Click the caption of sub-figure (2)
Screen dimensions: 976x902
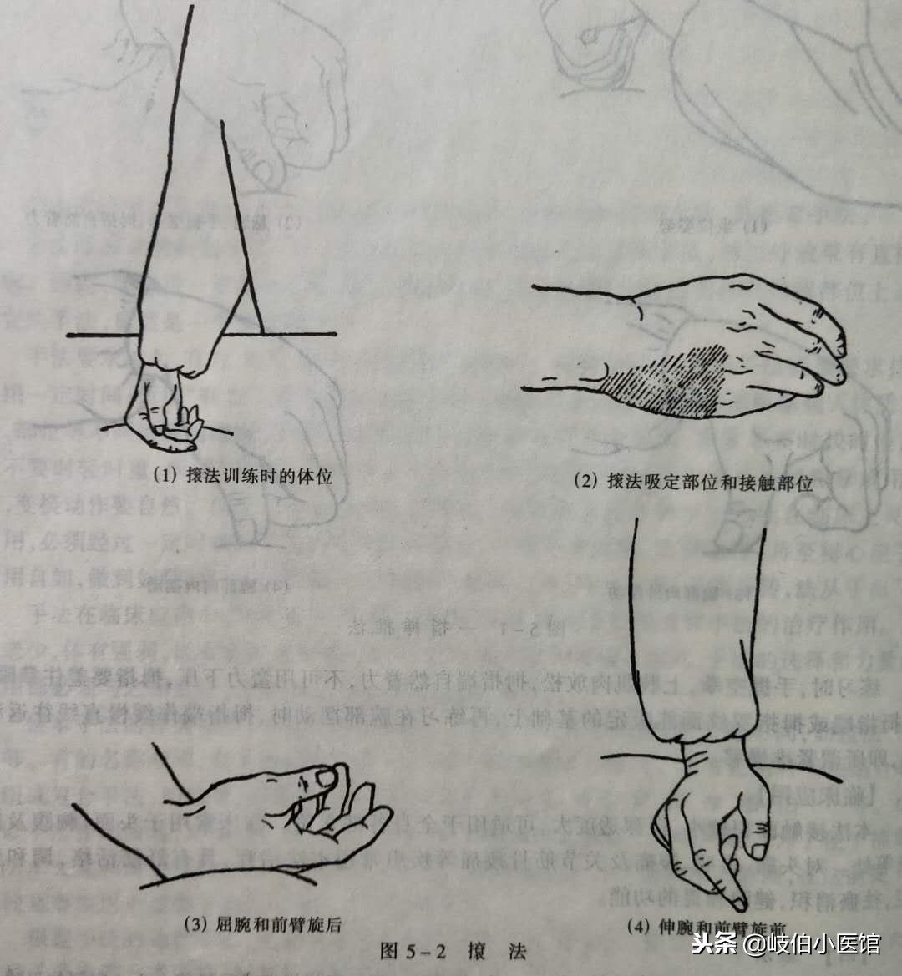coord(692,482)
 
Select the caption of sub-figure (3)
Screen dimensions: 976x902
coord(261,923)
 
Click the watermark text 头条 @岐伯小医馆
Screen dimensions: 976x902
coord(786,944)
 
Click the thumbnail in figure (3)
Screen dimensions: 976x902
coord(323,777)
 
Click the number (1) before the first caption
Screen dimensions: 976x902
coord(165,477)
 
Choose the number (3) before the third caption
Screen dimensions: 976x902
coord(194,923)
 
